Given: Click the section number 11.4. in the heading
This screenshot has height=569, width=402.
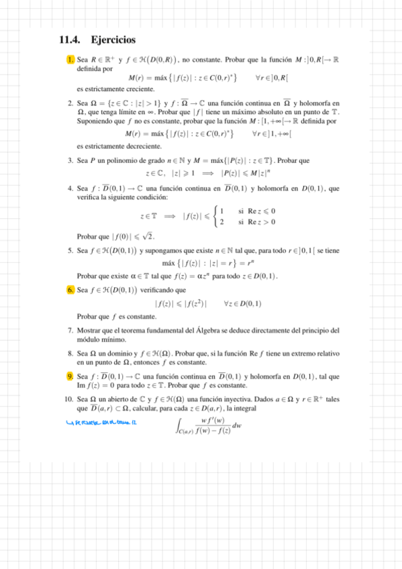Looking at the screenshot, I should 70,40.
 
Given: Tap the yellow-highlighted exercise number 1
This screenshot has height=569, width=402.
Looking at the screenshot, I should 70,60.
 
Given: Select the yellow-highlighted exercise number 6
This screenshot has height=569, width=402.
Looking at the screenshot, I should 70,290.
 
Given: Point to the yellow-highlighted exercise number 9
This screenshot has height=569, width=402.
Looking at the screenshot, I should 70,376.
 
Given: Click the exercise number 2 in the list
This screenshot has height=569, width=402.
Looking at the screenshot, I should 70,103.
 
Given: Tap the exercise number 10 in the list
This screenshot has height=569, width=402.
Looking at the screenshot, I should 69,400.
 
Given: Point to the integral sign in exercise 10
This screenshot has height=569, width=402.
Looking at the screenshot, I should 179,425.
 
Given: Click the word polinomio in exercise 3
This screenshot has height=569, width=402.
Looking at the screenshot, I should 119,161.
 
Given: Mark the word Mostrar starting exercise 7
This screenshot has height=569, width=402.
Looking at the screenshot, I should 89,330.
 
